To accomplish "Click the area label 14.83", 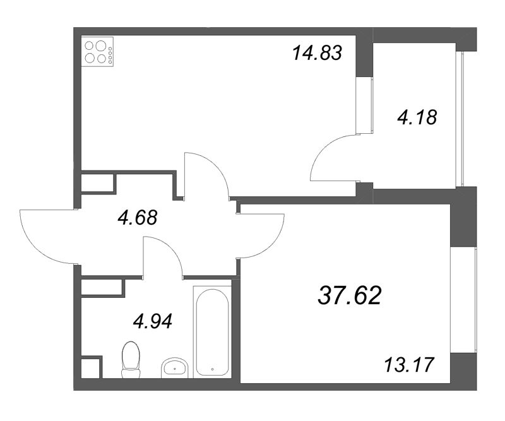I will coord(317,53).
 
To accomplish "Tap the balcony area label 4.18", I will coord(417,117).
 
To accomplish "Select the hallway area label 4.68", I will coord(137,218).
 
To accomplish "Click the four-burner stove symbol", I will coord(98,52).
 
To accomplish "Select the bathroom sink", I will coord(175,367).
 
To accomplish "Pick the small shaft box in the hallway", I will coord(98,182).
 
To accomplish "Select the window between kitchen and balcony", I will coord(362,105).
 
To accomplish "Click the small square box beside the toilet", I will coord(92,367).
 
